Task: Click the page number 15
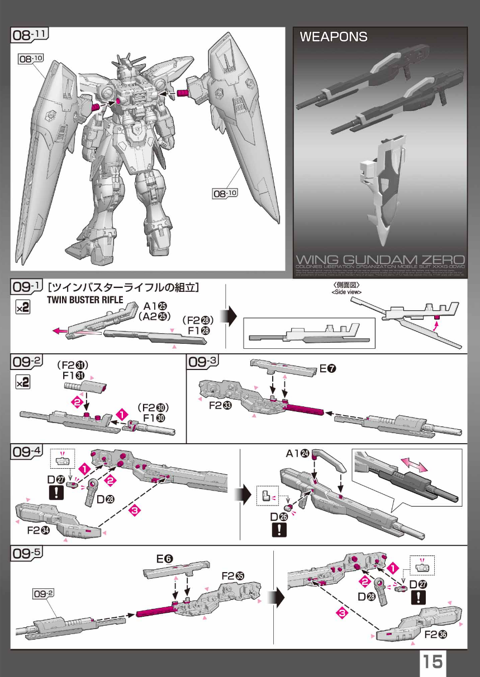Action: pyautogui.click(x=433, y=662)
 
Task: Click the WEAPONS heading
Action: pyautogui.click(x=334, y=37)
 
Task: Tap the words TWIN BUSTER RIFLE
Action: pyautogui.click(x=84, y=300)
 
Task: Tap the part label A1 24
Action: pyautogui.click(x=298, y=454)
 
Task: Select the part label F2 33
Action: pyautogui.click(x=220, y=405)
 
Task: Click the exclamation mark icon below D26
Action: pyautogui.click(x=278, y=530)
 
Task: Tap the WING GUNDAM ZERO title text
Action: pyautogui.click(x=380, y=260)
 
